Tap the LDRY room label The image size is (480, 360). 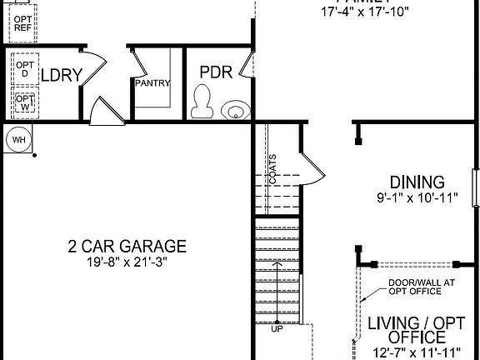[x=62, y=75]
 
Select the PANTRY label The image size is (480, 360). [x=153, y=82]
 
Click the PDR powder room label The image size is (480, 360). [x=215, y=71]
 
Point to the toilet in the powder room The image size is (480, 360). [x=200, y=102]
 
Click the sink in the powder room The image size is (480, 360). [x=236, y=109]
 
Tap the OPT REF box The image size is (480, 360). [x=22, y=22]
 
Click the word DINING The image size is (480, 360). [x=417, y=182]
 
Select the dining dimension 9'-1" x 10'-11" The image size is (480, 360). [x=417, y=198]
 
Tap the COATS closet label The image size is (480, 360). [x=272, y=168]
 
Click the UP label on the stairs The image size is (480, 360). [x=277, y=329]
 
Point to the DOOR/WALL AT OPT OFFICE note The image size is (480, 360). [x=422, y=287]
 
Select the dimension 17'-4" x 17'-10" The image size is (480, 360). [x=367, y=12]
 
